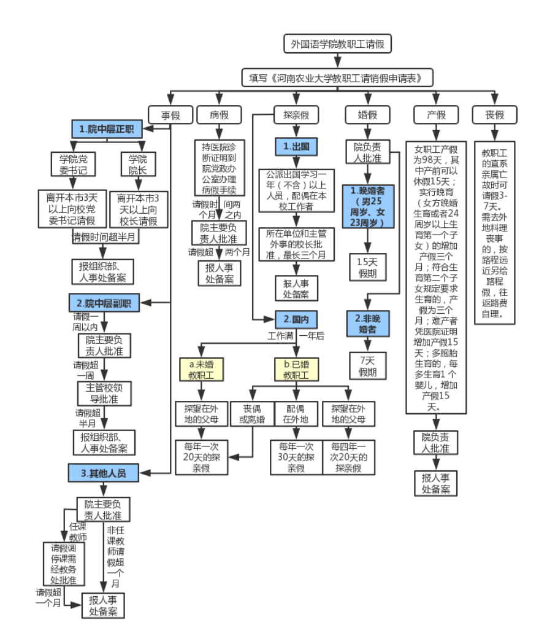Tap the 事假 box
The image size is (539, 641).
click(171, 114)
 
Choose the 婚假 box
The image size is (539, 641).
click(367, 114)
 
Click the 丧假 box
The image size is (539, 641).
click(495, 114)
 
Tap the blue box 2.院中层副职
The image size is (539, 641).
click(104, 302)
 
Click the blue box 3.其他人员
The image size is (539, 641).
click(103, 472)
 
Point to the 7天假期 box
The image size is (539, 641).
click(367, 366)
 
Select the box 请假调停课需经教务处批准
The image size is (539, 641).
click(63, 564)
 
